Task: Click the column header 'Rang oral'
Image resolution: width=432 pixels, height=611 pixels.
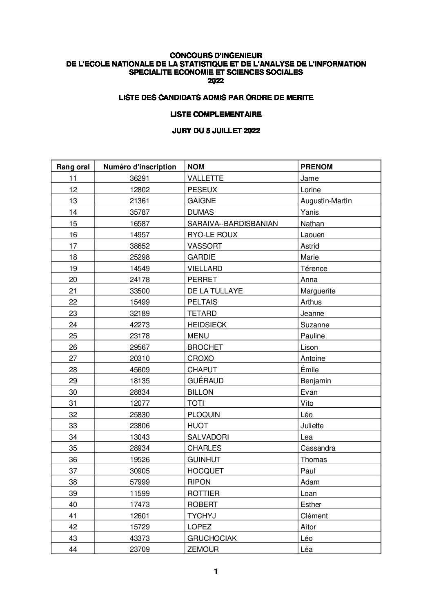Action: (x=73, y=167)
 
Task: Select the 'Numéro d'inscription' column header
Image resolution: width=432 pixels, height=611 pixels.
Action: (x=140, y=167)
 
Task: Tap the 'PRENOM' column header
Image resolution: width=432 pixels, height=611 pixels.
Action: (x=316, y=167)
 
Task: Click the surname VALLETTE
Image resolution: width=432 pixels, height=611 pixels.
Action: (x=205, y=178)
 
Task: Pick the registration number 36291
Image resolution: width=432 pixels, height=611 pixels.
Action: (x=140, y=178)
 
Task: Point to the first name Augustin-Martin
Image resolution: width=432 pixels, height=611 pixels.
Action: (x=326, y=201)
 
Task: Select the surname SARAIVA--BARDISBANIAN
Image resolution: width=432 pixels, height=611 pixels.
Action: (x=232, y=223)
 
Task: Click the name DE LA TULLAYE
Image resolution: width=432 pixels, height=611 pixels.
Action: (x=215, y=291)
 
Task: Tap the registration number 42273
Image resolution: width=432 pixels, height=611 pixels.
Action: (x=140, y=325)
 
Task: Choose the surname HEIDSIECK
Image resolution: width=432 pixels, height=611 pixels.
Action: (x=207, y=325)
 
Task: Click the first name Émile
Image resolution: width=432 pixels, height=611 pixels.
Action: (x=310, y=370)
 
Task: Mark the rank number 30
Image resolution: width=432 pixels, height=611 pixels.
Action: (x=73, y=392)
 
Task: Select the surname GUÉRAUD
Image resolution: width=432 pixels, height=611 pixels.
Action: (x=205, y=381)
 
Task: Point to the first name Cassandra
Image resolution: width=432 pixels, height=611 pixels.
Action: (x=318, y=448)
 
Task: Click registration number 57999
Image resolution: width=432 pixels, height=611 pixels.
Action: (x=140, y=482)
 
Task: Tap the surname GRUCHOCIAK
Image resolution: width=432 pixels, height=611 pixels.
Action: (x=212, y=538)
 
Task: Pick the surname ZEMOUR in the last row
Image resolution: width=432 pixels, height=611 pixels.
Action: (x=203, y=549)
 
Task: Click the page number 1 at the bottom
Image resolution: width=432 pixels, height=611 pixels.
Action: (x=216, y=571)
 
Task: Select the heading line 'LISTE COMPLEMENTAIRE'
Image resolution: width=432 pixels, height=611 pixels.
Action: (x=216, y=114)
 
